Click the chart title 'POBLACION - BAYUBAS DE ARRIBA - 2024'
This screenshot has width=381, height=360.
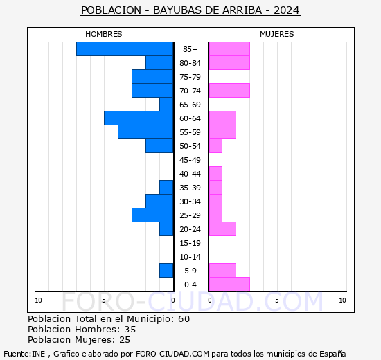[190, 10]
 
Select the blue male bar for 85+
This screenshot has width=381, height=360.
[125, 48]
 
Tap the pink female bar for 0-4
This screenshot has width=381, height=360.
[229, 284]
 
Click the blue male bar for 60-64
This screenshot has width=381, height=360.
[139, 118]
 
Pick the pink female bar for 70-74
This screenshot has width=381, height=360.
[229, 90]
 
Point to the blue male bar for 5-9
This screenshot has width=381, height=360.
[166, 270]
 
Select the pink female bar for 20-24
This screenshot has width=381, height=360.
[222, 228]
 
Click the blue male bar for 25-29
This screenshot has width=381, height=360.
[152, 215]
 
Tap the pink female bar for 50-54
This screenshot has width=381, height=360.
[215, 145]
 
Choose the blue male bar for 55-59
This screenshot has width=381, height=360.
[145, 132]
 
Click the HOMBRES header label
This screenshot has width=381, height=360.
[103, 34]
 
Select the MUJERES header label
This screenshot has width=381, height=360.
[276, 34]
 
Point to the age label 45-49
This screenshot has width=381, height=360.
[190, 160]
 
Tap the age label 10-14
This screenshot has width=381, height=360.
[190, 257]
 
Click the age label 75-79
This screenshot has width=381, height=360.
[190, 77]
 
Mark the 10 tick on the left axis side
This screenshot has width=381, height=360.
[38, 300]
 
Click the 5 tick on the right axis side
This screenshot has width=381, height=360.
[276, 300]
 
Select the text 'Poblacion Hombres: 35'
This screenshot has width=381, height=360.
[82, 330]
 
